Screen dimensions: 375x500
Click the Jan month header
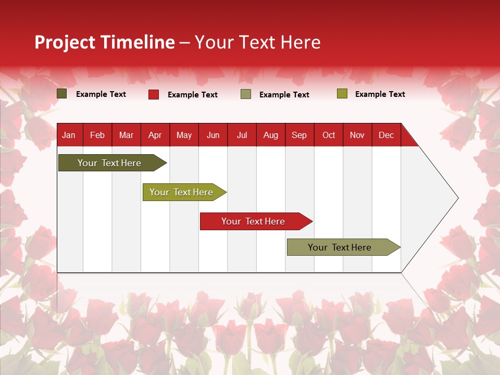69,135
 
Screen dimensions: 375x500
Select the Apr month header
155,135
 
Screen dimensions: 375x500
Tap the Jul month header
242,135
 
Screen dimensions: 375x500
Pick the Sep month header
299,135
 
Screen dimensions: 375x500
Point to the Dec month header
386,135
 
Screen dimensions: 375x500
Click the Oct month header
328,135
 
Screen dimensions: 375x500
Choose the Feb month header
97,135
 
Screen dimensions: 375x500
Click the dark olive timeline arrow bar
109,163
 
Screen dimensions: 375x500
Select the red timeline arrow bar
253,221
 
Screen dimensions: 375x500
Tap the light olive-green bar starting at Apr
181,192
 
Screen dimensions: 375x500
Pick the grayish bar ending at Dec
340,247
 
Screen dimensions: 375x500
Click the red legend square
154,94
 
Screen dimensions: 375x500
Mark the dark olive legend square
62,94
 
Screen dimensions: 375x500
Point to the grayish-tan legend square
246,94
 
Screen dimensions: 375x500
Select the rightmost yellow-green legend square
342,94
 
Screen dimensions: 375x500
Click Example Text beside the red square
192,95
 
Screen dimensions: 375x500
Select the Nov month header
357,135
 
